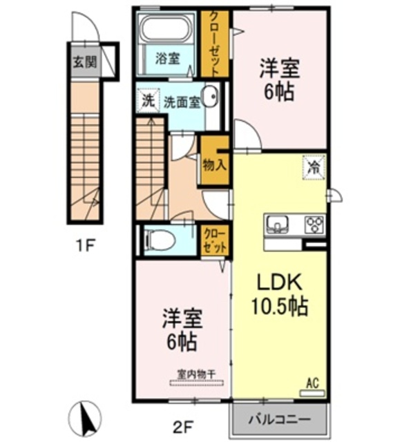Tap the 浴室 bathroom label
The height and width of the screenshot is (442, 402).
point(169,59)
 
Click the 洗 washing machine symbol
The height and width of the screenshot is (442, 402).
point(148,100)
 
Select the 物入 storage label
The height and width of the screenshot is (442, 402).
point(214,165)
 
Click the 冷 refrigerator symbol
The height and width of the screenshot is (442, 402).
point(313,166)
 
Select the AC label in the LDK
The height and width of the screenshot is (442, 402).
point(312,381)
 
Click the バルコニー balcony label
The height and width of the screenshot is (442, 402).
point(279,419)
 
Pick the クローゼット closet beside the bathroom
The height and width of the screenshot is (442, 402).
point(216,43)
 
